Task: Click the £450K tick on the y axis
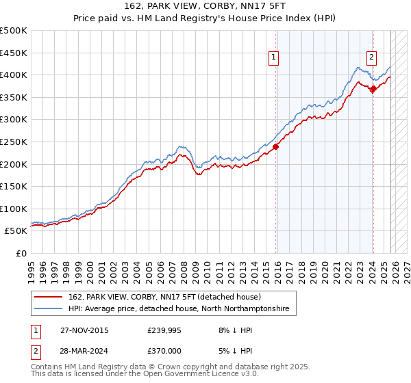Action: coord(14,53)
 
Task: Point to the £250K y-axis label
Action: coord(14,142)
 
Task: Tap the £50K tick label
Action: coord(16,231)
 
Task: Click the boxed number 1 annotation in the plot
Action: coord(274,57)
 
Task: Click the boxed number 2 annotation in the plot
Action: coord(371,57)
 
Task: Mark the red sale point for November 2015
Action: coord(276,146)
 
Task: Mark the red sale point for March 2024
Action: coord(373,88)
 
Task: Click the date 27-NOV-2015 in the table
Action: coord(84,330)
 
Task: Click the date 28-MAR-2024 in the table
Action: coord(84,352)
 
